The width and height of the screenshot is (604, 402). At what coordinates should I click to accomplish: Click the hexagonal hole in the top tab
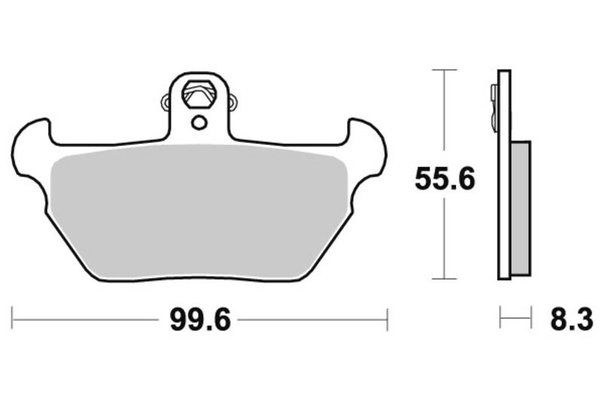200,94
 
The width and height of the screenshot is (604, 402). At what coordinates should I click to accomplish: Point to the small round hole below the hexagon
199,122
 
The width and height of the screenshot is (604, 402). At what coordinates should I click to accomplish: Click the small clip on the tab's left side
167,100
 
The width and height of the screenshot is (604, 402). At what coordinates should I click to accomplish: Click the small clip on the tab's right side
233,100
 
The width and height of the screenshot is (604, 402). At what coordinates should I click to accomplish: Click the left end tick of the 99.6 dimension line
14,319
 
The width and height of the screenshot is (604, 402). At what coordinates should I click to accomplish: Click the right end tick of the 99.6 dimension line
387,319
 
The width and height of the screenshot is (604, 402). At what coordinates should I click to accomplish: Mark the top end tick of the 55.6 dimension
445,70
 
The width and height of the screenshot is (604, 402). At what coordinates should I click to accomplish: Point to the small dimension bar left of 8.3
511,319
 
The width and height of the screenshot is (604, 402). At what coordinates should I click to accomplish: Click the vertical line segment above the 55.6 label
445,113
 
